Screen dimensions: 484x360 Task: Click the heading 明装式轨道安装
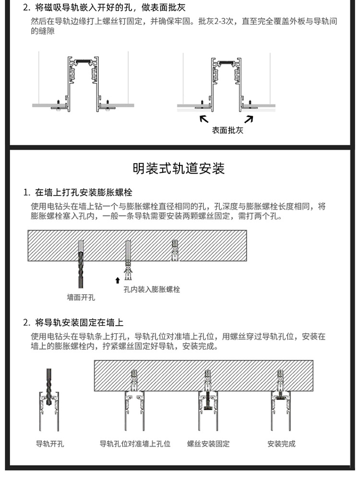[x=179, y=169]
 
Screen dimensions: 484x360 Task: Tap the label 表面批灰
[x=228, y=130]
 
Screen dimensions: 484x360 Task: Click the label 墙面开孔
[x=81, y=297]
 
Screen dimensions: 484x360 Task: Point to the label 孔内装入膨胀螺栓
[x=152, y=290]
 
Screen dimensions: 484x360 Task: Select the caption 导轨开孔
[x=50, y=444]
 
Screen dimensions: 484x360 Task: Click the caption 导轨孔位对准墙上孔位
[x=135, y=444]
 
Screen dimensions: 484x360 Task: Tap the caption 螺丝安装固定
[x=208, y=444]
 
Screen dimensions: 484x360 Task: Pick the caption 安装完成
[x=281, y=444]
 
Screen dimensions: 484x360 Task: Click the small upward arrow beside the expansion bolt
[x=117, y=280]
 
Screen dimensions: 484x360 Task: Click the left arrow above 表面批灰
[x=204, y=118]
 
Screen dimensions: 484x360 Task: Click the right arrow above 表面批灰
[x=250, y=118]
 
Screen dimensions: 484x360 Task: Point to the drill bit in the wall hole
[x=80, y=264]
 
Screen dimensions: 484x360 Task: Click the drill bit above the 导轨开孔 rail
[x=49, y=379]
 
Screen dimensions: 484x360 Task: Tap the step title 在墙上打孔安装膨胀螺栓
[x=84, y=193]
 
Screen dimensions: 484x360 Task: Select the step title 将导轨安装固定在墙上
[x=79, y=322]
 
